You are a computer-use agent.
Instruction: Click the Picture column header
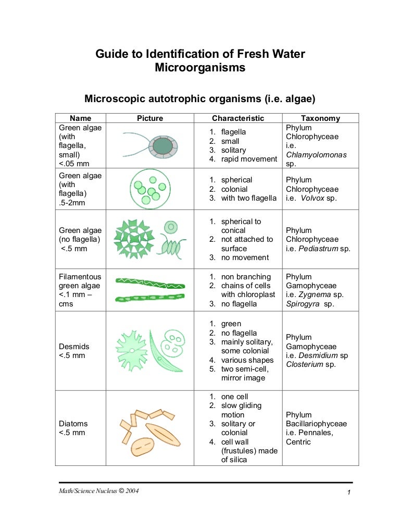(150, 118)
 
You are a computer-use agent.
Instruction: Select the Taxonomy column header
(320, 118)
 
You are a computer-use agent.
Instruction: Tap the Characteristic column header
(238, 118)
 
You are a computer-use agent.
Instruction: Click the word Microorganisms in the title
(200, 68)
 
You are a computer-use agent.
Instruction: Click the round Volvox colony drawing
(149, 189)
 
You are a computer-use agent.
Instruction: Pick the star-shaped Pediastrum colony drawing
(134, 239)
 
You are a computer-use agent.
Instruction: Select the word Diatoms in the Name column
(73, 424)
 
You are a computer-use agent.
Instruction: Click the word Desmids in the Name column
(74, 347)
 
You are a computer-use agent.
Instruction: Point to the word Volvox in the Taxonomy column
(312, 199)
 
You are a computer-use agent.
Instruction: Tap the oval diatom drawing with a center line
(142, 446)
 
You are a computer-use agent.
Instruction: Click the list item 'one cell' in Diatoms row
(234, 397)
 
